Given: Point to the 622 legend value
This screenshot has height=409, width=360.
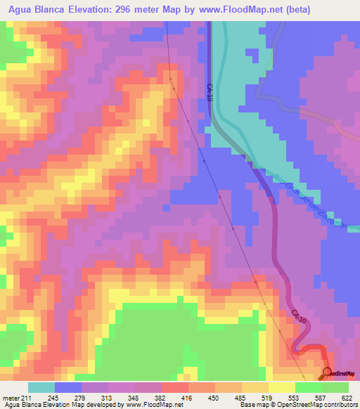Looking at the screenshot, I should coord(345,397).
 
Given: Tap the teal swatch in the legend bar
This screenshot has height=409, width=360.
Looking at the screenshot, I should coord(41,387).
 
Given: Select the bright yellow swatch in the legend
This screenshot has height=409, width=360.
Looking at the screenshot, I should coord(281,387).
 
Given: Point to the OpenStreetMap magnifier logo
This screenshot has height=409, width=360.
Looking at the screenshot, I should coord(327,373).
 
